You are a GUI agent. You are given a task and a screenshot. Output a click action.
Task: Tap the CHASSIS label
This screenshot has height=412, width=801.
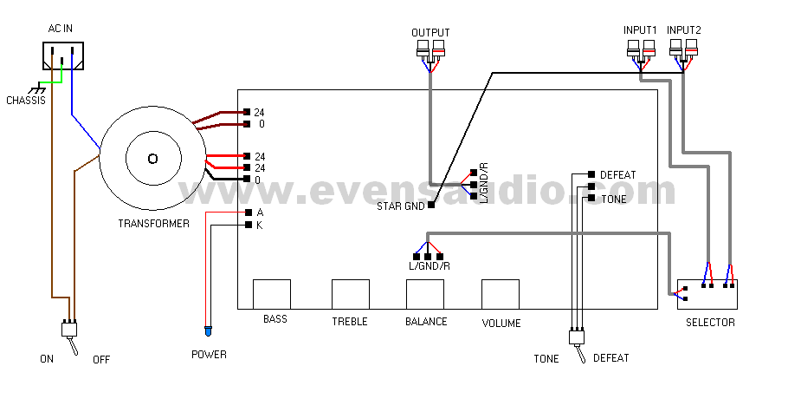tap(26, 101)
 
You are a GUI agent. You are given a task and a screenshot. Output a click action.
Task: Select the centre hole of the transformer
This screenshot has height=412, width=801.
tap(152, 158)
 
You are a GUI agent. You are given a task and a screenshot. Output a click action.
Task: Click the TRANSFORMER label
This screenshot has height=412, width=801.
tap(153, 224)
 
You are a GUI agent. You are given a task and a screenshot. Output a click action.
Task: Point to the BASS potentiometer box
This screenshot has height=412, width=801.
tap(271, 294)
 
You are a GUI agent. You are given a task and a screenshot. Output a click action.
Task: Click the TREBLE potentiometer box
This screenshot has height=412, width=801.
tap(351, 294)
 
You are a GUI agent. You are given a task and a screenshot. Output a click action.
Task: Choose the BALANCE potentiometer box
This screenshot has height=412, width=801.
tap(425, 294)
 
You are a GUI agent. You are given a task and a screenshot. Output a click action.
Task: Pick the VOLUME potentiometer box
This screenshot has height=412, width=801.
tap(501, 294)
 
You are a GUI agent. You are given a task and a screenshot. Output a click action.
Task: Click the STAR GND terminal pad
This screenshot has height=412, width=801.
tap(431, 204)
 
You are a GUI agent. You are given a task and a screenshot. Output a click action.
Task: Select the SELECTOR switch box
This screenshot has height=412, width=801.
tap(707, 295)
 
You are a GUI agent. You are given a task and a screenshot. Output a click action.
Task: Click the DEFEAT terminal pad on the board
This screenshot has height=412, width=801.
tap(591, 174)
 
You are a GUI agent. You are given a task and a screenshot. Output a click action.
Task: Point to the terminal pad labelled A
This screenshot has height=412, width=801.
tap(249, 213)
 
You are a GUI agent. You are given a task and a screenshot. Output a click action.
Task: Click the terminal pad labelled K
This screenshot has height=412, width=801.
tap(249, 225)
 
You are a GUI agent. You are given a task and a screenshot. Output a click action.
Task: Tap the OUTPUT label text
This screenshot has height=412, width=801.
tap(430, 33)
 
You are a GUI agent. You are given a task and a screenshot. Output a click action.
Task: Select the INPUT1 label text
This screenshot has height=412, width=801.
tap(641, 29)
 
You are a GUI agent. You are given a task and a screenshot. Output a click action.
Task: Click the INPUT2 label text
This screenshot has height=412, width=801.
tap(684, 29)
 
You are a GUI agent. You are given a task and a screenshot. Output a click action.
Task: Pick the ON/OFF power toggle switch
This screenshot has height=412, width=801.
tap(69, 330)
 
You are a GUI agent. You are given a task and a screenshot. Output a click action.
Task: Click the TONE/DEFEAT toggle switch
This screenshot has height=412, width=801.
tap(574, 337)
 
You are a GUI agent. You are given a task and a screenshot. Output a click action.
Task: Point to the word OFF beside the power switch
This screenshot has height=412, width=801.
tap(101, 358)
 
